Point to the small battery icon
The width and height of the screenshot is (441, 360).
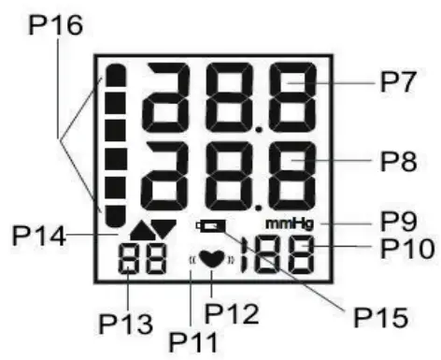[211, 226]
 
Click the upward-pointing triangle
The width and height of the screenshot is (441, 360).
[142, 227]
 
